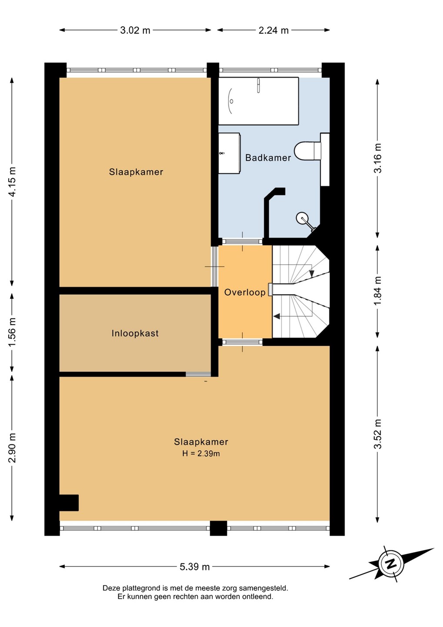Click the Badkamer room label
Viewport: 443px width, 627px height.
pos(268,158)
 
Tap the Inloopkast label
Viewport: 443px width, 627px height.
pos(135,333)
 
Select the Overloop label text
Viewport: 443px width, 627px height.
pos(245,293)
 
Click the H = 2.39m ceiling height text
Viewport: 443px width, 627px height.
pos(201,454)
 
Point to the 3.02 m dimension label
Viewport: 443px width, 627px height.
pos(135,30)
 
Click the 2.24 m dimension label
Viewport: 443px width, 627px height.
pos(273,30)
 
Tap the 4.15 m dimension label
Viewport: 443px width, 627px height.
pos(12,182)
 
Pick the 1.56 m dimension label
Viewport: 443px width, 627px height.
pos(12,332)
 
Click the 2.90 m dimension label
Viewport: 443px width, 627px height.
pos(12,448)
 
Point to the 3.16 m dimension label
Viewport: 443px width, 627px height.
pos(378,158)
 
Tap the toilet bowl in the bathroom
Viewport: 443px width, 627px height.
pos(308,151)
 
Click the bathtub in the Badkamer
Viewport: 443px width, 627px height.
pos(258,101)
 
